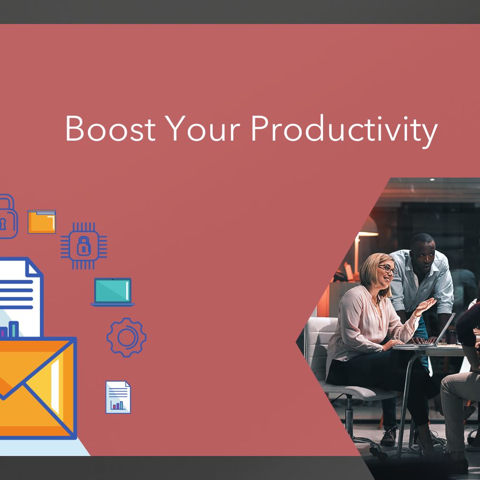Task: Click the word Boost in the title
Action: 110,128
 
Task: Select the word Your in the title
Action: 203,128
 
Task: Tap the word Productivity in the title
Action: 344,131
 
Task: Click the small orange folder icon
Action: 42,222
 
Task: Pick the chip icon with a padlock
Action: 84,246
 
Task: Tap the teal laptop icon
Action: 113,292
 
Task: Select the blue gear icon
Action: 126,337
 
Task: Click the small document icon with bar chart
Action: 118,397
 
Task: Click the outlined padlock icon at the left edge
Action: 8,217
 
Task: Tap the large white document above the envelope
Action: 20,297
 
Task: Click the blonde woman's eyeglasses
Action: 387,270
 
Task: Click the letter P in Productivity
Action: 260,128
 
